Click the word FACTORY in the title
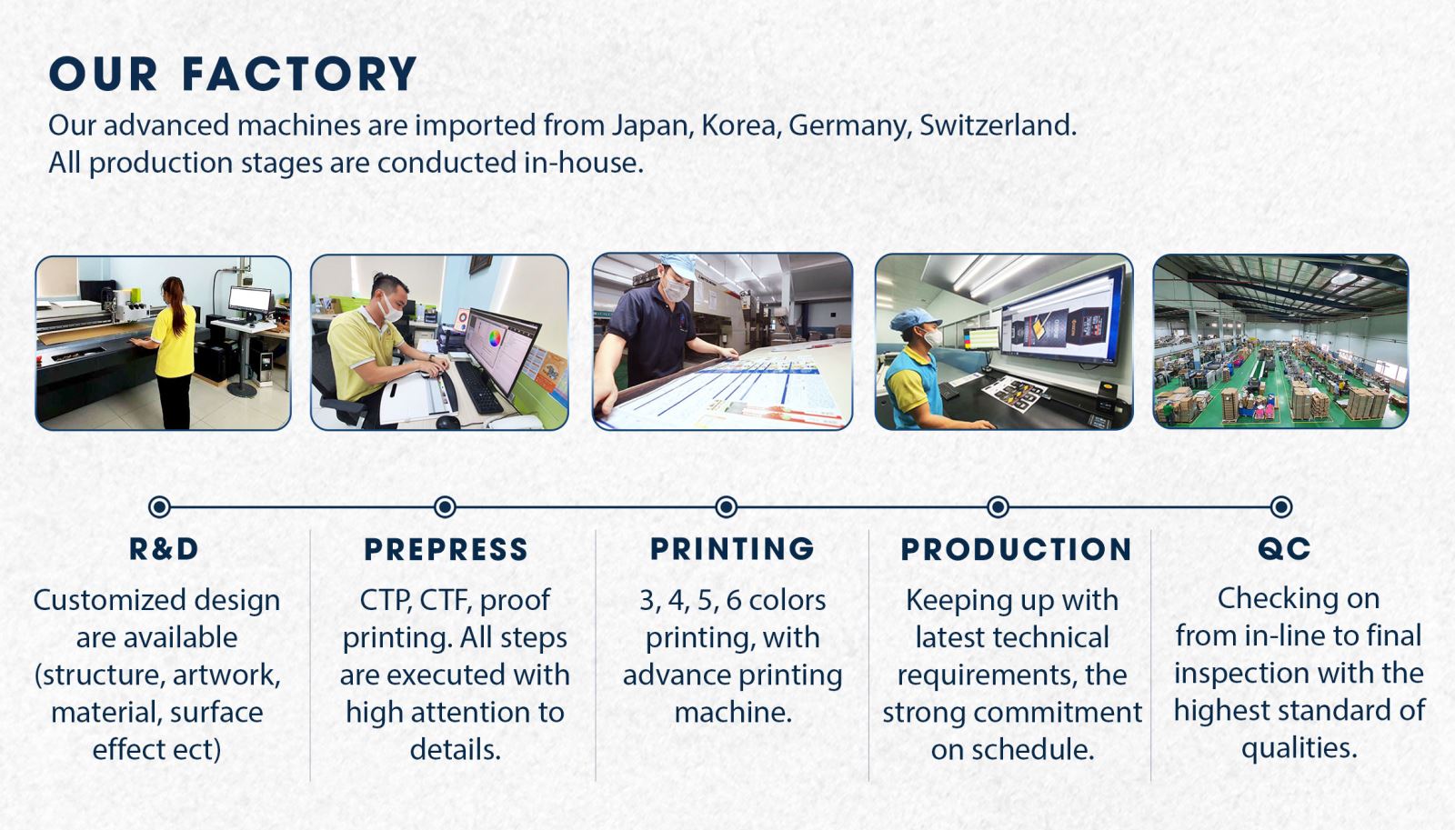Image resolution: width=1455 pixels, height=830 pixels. (299, 74)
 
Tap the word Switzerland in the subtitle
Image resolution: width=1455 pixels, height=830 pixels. (998, 125)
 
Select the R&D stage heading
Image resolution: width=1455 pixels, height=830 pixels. (164, 549)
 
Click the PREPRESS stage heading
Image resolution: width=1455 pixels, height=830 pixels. (446, 549)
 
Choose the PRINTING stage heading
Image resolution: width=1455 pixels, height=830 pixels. (732, 549)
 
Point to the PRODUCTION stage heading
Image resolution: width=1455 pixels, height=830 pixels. (1016, 549)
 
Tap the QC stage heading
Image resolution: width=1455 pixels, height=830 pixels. (1284, 549)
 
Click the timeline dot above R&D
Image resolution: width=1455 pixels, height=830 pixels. (160, 506)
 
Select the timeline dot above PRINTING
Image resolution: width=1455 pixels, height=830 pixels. (727, 506)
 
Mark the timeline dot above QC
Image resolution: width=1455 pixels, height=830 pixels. (1281, 506)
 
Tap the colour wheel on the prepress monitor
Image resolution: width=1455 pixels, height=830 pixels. (494, 338)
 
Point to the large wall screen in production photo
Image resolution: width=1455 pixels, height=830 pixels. (1062, 317)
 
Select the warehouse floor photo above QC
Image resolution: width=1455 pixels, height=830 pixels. (1281, 342)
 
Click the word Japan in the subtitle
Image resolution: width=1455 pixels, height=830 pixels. (651, 126)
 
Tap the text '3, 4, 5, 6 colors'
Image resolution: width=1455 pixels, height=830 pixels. (733, 601)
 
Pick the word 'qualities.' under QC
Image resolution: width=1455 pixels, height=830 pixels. (1299, 749)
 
